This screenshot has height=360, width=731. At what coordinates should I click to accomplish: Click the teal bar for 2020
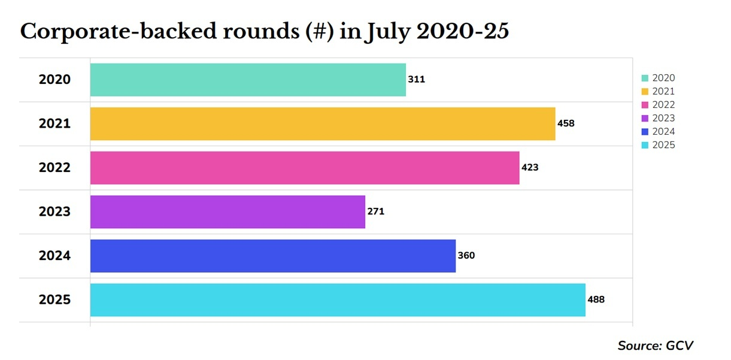pyautogui.click(x=248, y=80)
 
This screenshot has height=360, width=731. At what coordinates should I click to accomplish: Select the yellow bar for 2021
pyautogui.click(x=323, y=124)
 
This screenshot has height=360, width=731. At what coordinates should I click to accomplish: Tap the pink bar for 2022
pyautogui.click(x=305, y=168)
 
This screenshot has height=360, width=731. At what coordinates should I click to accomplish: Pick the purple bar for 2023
pyautogui.click(x=228, y=211)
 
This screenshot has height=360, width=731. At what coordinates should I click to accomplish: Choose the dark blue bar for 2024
pyautogui.click(x=273, y=256)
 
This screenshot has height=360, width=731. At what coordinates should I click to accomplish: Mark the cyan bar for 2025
pyautogui.click(x=338, y=300)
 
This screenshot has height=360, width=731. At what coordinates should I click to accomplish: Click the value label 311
pyautogui.click(x=416, y=79)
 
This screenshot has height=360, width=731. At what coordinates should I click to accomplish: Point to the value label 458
pyautogui.click(x=566, y=123)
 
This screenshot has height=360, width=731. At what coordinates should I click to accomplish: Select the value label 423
pyautogui.click(x=530, y=168)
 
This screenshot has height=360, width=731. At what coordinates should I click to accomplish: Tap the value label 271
pyautogui.click(x=375, y=211)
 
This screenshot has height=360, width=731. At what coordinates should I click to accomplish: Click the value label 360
pyautogui.click(x=466, y=256)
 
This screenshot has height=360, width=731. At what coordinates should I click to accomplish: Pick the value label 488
pyautogui.click(x=596, y=300)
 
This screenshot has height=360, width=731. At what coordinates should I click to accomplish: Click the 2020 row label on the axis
pyautogui.click(x=54, y=80)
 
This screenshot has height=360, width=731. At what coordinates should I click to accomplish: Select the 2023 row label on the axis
pyautogui.click(x=54, y=212)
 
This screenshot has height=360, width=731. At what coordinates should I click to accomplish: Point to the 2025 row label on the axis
pyautogui.click(x=54, y=300)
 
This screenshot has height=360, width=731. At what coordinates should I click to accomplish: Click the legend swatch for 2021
pyautogui.click(x=645, y=92)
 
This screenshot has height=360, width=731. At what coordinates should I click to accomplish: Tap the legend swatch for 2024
pyautogui.click(x=645, y=132)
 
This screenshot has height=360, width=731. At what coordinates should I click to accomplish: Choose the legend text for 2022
pyautogui.click(x=663, y=105)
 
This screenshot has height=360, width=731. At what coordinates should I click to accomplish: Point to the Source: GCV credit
pyautogui.click(x=655, y=346)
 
